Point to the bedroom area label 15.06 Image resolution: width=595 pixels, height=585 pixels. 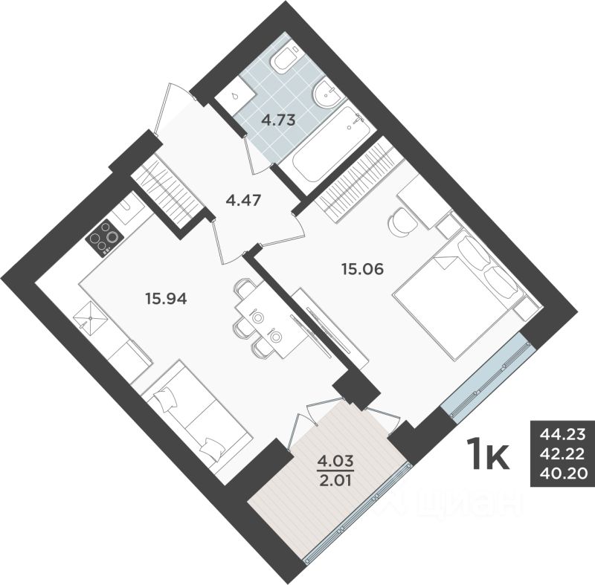[362, 269]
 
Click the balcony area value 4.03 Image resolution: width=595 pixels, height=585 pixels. [335, 459]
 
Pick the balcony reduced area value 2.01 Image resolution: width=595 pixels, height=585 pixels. [335, 476]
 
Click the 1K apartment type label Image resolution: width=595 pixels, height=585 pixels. [487, 455]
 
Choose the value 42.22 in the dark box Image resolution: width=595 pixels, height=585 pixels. [562, 453]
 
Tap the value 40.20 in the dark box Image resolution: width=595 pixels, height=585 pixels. [562, 471]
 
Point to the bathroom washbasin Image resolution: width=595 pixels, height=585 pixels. [326, 94]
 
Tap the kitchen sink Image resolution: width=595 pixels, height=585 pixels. [92, 319]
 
